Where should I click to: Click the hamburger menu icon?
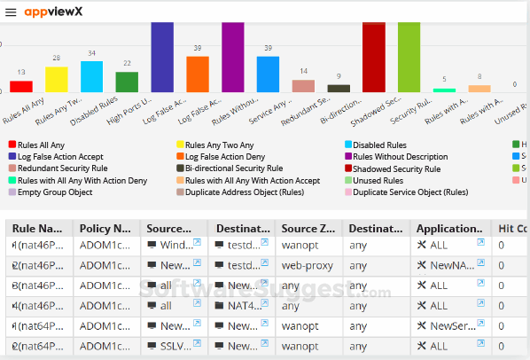(11, 13)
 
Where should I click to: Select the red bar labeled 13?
(21, 86)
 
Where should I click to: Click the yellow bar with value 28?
(57, 79)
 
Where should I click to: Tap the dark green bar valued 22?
(127, 82)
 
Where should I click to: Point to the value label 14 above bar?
(304, 72)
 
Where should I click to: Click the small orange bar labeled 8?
(479, 88)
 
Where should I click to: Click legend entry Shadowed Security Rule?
(395, 168)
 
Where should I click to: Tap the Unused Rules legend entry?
(383, 180)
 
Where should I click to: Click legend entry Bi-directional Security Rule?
(233, 168)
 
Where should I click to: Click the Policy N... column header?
(105, 228)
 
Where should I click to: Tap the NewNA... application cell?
(449, 265)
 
